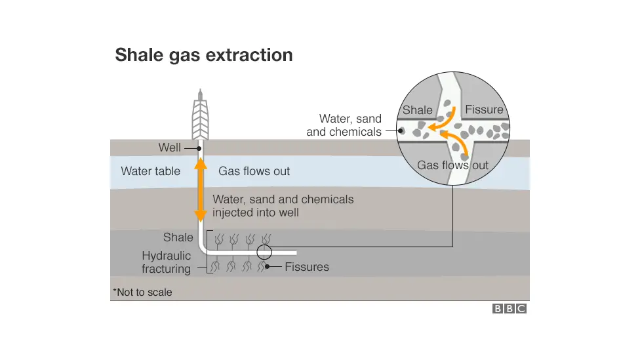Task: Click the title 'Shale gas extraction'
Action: point(203,55)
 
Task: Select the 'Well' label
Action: point(170,148)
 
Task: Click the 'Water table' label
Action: point(150,171)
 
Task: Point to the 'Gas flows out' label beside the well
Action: point(254,171)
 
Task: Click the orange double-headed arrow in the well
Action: point(201,190)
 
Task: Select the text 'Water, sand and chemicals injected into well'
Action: point(283,206)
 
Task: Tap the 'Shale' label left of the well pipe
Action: point(178,237)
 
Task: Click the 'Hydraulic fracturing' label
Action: point(167,262)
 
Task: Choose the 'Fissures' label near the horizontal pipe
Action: point(307,268)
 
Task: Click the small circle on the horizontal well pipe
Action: point(264,252)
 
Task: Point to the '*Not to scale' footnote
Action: point(142,292)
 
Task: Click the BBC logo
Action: point(510,309)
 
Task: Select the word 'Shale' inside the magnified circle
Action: point(418,110)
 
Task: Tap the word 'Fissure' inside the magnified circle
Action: point(484,110)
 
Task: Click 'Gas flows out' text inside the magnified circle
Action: point(452,165)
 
